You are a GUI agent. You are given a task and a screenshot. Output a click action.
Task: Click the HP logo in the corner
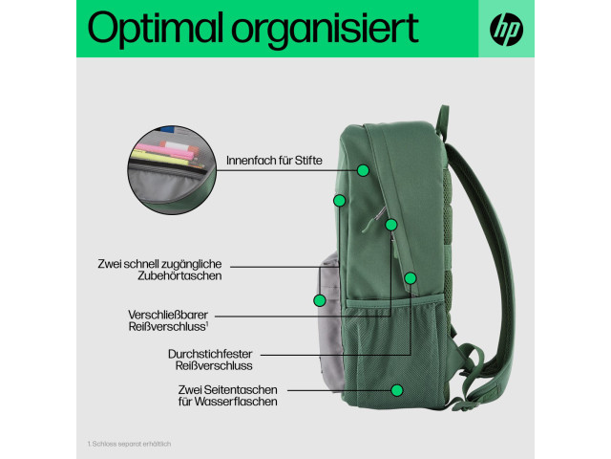coord(506,30)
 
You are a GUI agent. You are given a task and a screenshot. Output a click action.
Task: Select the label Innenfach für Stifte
coord(274,161)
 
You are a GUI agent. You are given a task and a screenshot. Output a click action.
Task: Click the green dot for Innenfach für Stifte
coord(363,170)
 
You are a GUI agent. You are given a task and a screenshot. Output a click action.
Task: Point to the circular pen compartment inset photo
coord(172,170)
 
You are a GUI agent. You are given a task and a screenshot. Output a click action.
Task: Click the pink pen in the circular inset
coord(163,151)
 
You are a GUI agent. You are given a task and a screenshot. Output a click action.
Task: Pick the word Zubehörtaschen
coord(179,276)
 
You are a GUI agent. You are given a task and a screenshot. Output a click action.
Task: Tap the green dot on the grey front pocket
coord(320,300)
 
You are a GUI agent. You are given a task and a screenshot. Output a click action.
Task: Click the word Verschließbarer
coord(168,315)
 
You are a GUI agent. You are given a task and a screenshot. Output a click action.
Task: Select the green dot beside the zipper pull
coord(391,225)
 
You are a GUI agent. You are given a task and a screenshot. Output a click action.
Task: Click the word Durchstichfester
coord(210,354)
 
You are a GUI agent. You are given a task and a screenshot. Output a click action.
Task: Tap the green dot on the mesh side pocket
coord(397,390)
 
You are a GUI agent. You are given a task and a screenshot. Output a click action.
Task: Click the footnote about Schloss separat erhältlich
coord(129,444)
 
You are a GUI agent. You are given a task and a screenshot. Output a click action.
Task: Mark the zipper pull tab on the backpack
coord(372,221)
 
